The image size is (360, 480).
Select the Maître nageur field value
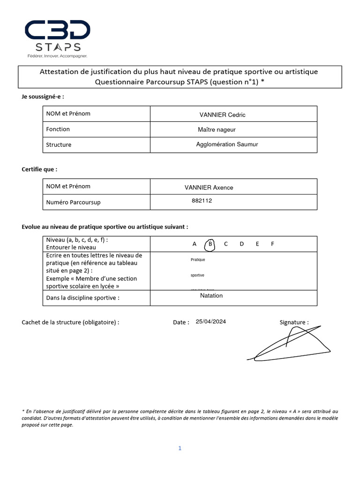[217, 129]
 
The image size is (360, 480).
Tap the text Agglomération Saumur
[227, 144]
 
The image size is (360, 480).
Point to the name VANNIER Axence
[209, 187]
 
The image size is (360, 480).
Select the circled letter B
[210, 244]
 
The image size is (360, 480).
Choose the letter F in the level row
[272, 244]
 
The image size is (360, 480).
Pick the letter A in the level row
[195, 244]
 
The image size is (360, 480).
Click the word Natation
[211, 296]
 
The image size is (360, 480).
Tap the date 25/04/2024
[211, 322]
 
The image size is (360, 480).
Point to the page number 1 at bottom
[180, 448]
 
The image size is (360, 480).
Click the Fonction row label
[58, 129]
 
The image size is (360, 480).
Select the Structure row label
[59, 145]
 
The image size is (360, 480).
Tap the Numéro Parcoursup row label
[73, 202]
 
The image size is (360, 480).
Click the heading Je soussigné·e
[43, 97]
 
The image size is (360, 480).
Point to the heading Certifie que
[40, 169]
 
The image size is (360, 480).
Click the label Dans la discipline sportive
[82, 298]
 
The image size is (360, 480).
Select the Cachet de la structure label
[70, 322]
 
